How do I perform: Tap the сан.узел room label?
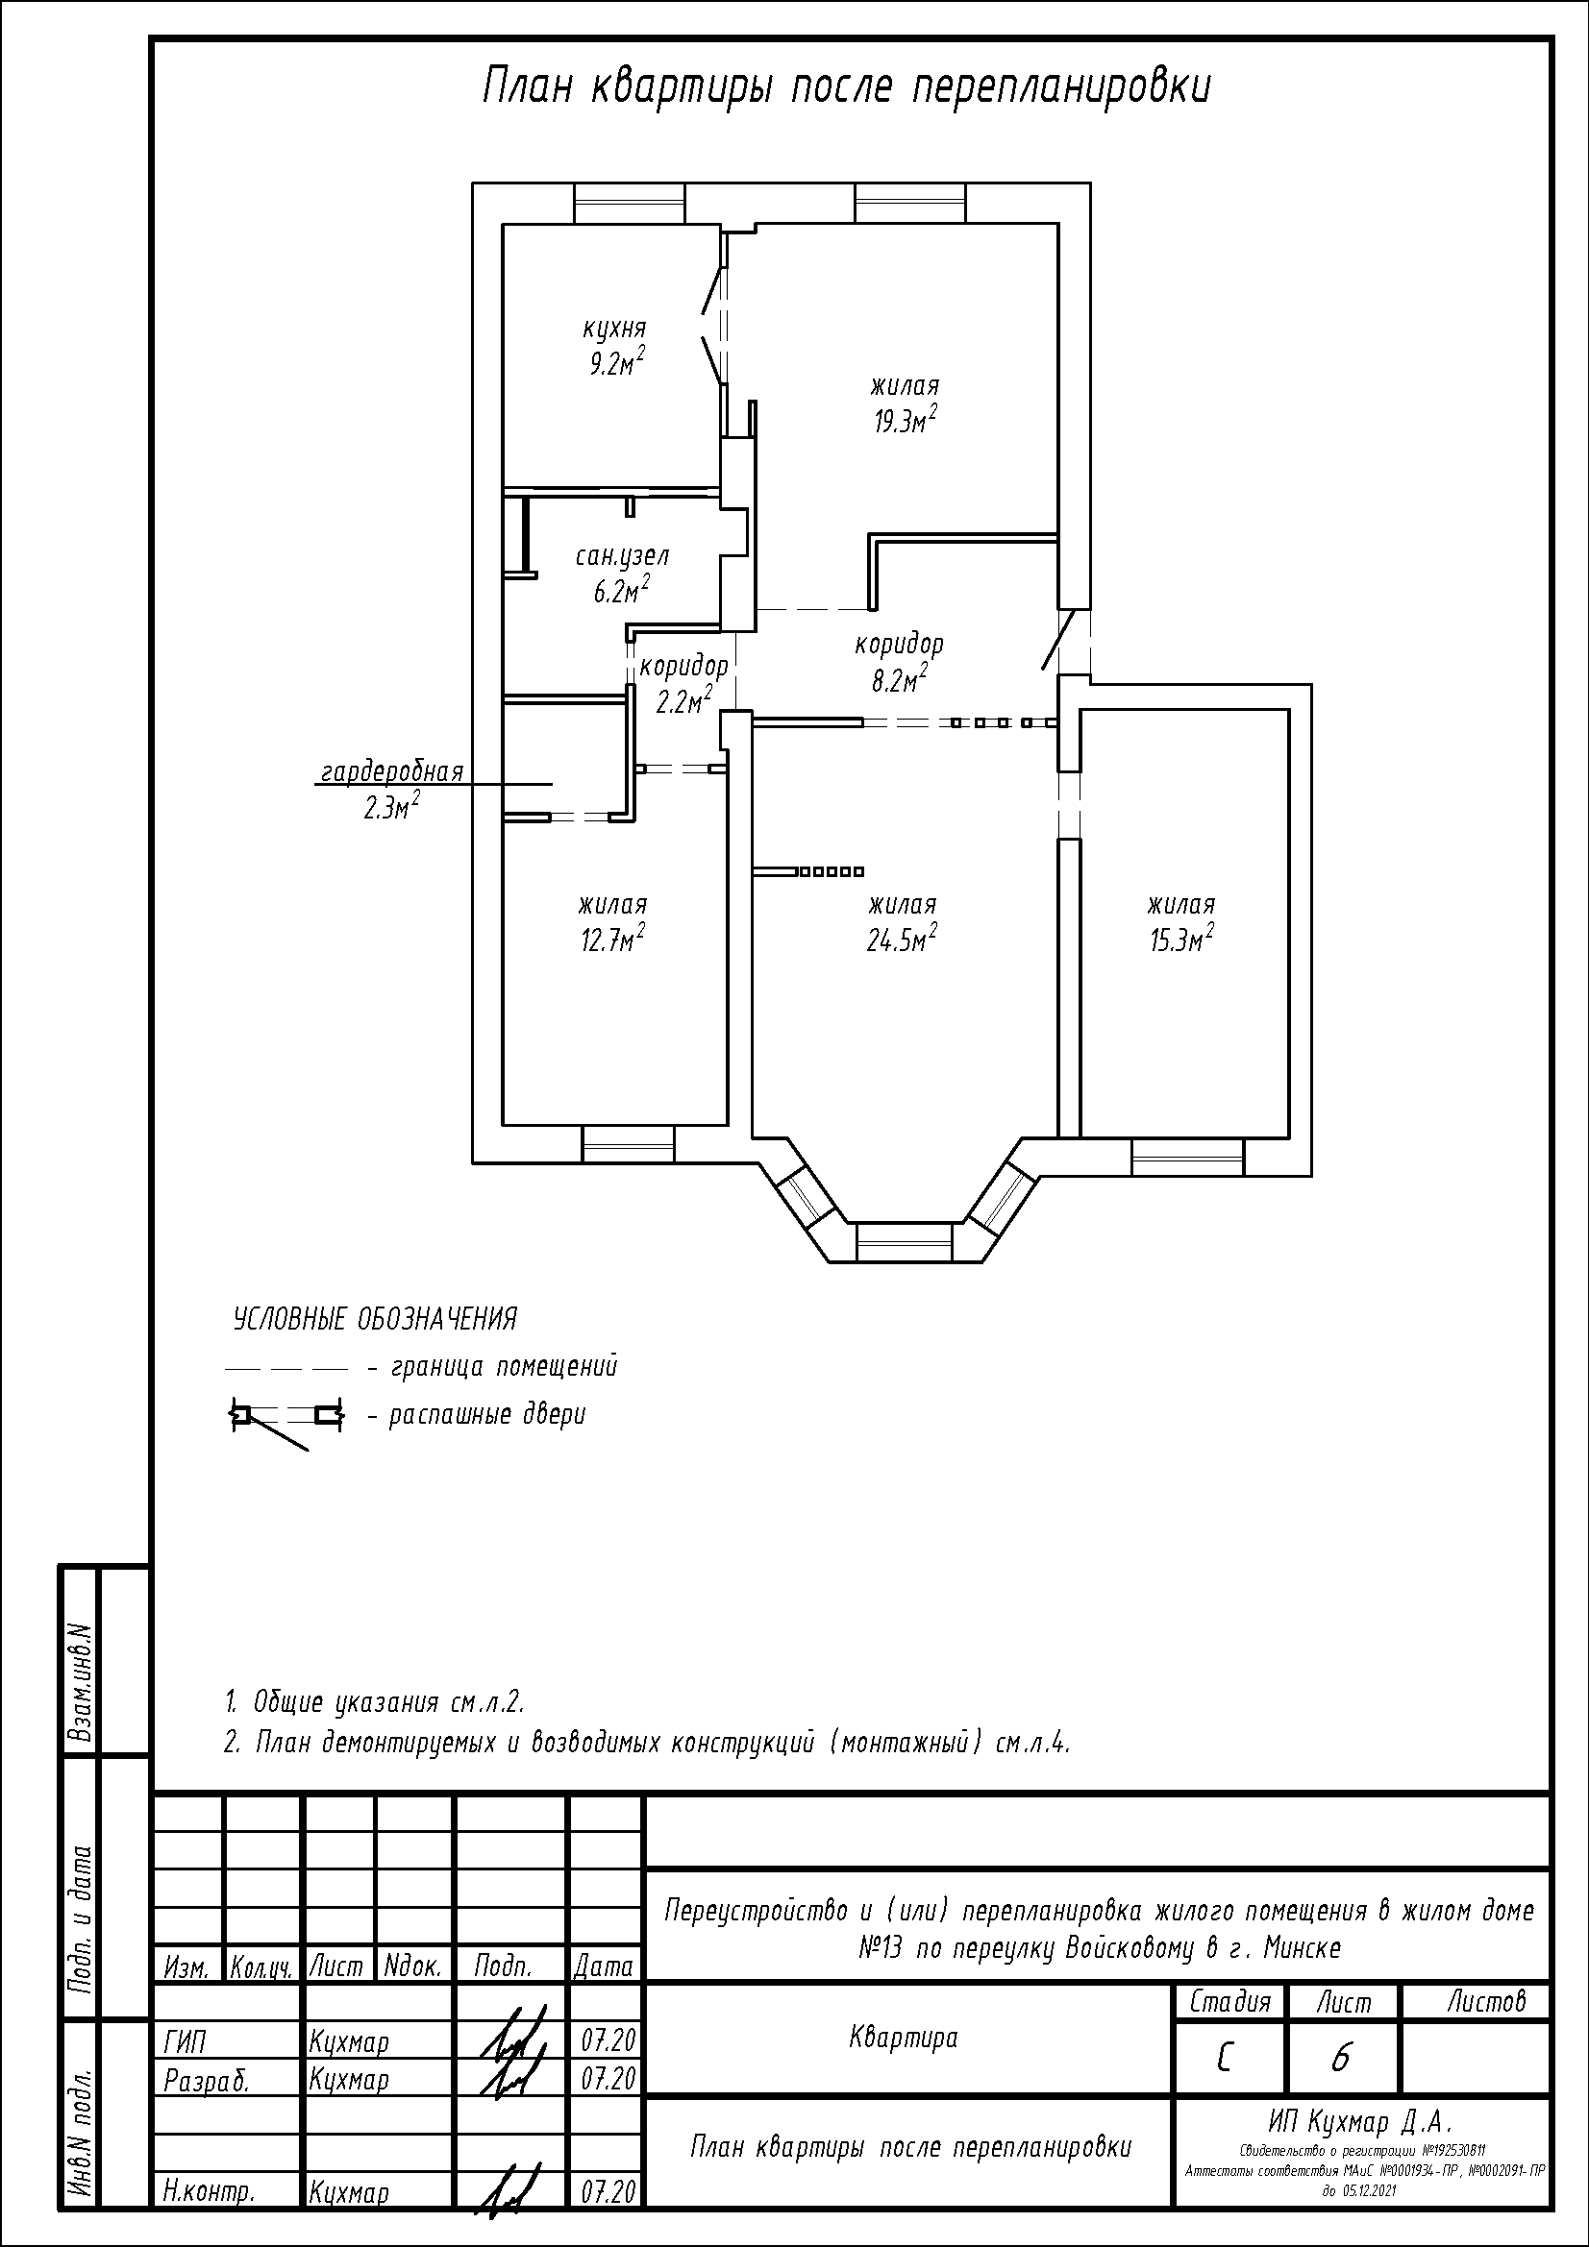point(622,557)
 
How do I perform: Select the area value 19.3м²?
point(906,420)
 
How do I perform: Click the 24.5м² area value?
point(901,939)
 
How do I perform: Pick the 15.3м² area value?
point(1181,939)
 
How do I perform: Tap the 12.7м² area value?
point(612,939)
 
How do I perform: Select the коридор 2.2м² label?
point(683,684)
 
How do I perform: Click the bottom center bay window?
point(904,1242)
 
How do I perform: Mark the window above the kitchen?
point(628,204)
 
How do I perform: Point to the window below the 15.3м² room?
point(1187,1155)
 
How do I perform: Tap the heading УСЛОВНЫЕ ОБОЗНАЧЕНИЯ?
point(375,1319)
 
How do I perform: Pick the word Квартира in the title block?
point(904,2038)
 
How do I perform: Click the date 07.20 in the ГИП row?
point(608,2039)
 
